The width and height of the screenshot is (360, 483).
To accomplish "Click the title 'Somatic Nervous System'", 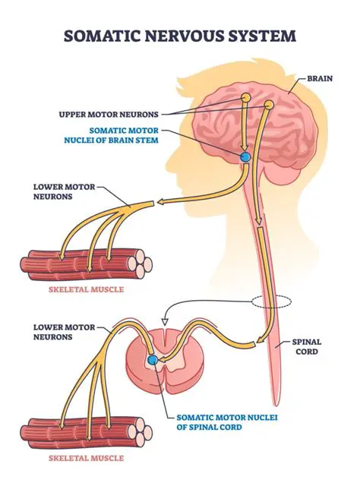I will [179, 36].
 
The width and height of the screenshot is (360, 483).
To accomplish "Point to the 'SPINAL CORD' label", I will [308, 347].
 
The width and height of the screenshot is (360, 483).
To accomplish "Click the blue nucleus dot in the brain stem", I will [245, 156].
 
